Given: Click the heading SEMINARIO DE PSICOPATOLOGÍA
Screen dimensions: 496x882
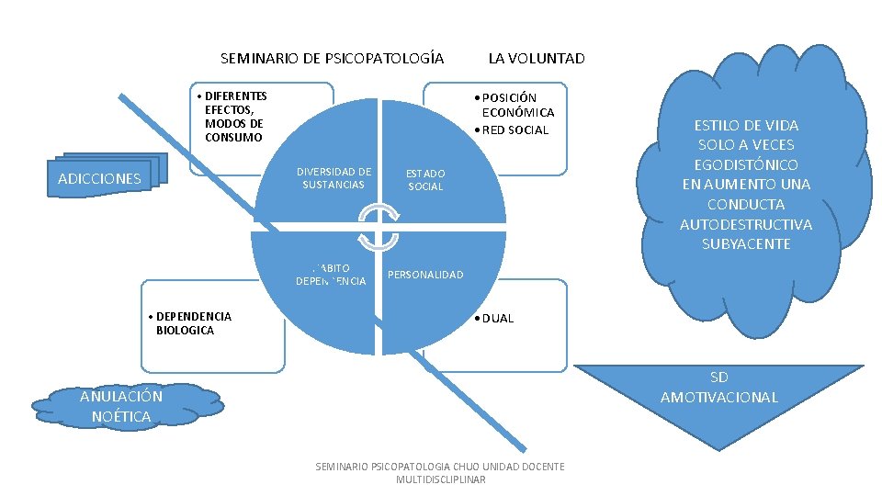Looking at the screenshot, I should coord(332,59).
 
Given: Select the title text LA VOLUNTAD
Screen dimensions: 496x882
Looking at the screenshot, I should coord(536,59).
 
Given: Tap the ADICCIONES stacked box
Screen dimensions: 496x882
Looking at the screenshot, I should coord(100,178).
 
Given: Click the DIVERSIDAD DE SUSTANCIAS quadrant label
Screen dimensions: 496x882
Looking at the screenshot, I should coord(334,178).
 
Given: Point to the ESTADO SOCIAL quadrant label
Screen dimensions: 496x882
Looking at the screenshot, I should coord(425,180).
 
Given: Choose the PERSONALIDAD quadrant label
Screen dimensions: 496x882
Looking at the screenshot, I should coord(425,275).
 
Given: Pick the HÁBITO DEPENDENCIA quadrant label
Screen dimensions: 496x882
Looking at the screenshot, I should coord(331,275).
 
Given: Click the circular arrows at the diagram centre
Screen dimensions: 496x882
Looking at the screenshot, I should coord(379,228).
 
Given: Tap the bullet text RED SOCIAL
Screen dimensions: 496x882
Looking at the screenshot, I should coord(515,130).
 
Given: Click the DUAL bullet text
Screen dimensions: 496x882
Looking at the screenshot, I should coord(497,318).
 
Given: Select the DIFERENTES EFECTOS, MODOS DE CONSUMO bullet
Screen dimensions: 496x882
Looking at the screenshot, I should coord(235,117).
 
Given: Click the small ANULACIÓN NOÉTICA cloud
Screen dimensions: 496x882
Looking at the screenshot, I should coord(121,406).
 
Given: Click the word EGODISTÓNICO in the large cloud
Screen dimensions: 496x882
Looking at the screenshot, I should coord(746,164).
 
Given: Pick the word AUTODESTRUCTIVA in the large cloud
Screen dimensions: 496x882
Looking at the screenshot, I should coord(746,224).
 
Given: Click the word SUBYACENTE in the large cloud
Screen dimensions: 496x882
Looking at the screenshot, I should coord(746,244).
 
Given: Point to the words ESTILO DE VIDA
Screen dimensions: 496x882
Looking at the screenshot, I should coord(746,125).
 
